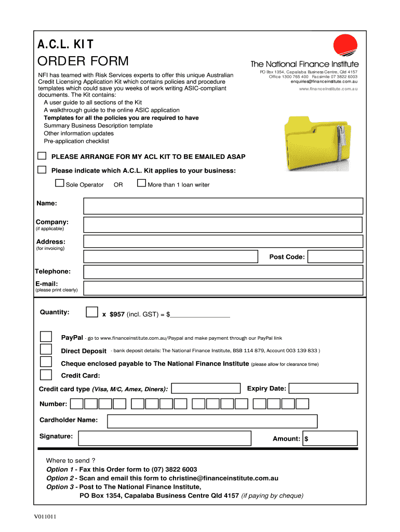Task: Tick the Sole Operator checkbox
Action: click(60, 183)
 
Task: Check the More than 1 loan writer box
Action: click(141, 183)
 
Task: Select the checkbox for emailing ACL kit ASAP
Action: click(42, 156)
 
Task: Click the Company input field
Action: click(223, 224)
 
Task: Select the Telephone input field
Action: click(223, 272)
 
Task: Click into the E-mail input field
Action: click(223, 288)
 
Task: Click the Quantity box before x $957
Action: click(91, 312)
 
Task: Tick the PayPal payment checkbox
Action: click(46, 336)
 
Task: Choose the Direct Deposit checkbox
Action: click(46, 349)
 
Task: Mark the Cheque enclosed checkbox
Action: click(46, 362)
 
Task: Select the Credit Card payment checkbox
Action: click(46, 375)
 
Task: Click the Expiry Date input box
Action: click(324, 389)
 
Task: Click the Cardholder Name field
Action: click(212, 421)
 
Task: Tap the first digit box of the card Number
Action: click(76, 404)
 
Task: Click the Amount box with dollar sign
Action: click(331, 438)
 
